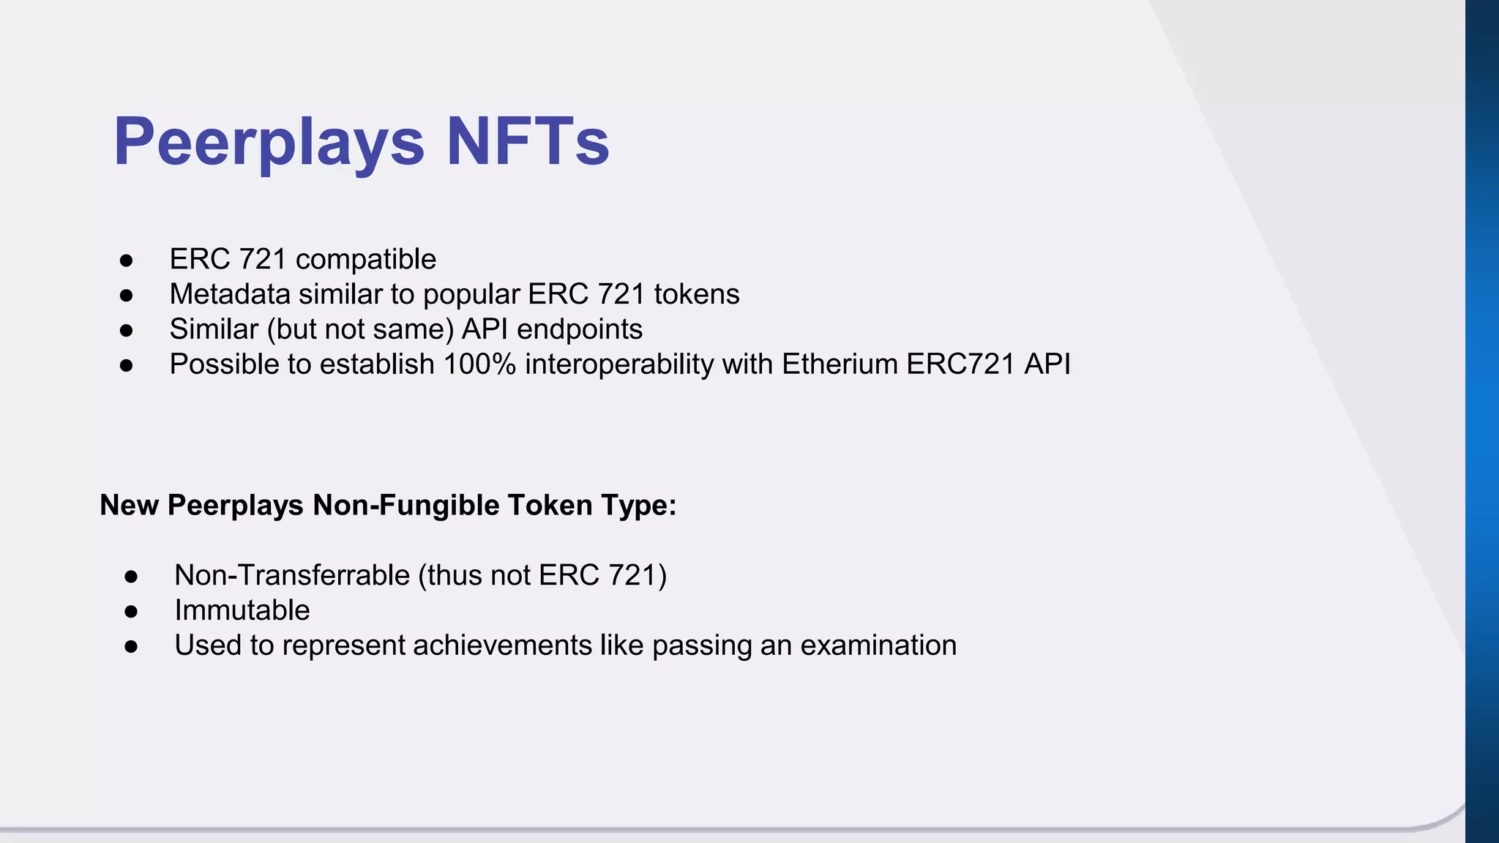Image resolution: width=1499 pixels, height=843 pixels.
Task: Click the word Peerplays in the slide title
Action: click(x=269, y=142)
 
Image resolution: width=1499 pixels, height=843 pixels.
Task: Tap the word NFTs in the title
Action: click(x=528, y=142)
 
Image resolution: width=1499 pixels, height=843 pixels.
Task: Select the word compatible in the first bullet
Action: click(x=365, y=259)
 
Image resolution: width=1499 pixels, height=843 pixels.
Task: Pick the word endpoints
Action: click(x=580, y=329)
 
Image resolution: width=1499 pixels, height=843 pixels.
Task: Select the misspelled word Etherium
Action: click(x=840, y=364)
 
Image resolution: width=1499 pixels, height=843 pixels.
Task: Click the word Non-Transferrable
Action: click(x=292, y=575)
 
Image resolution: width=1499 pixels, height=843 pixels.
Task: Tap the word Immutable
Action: click(x=242, y=610)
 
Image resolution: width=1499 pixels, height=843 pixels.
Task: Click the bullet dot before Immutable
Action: click(x=131, y=612)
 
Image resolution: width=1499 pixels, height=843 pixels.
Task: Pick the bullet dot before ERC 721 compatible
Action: click(x=127, y=261)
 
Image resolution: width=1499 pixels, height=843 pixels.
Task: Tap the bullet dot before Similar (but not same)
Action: click(x=127, y=331)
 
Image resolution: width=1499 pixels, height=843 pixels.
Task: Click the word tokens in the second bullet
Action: click(x=697, y=294)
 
